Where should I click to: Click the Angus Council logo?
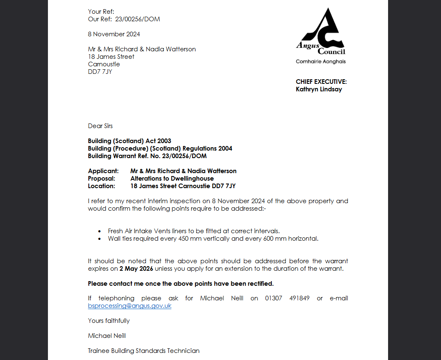point(321,32)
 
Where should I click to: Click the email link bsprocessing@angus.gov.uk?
point(130,306)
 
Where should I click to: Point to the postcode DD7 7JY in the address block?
point(100,71)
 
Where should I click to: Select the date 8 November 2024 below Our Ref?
point(114,34)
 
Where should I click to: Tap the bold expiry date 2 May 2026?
point(136,269)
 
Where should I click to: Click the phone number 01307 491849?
point(287,298)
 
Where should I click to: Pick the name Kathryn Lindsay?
point(319,89)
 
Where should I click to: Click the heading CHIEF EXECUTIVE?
point(321,82)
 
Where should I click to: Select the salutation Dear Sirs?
point(100,126)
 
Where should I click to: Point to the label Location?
point(101,186)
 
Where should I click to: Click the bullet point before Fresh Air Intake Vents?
point(99,231)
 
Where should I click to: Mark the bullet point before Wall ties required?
point(99,239)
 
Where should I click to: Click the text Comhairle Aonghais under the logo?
point(321,62)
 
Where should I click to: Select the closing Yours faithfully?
point(109,321)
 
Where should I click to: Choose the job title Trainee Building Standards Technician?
point(144,351)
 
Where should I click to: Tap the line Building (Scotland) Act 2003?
point(130,141)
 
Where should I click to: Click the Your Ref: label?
point(101,12)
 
